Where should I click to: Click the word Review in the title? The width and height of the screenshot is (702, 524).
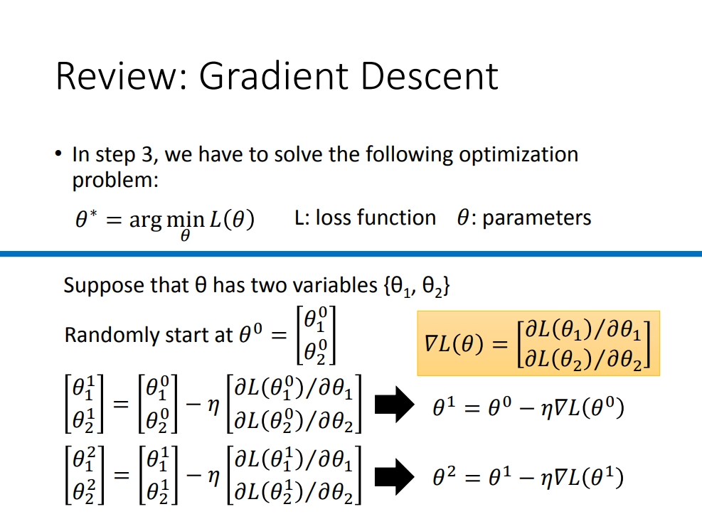[117, 76]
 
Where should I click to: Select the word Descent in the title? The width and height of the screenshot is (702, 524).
[430, 76]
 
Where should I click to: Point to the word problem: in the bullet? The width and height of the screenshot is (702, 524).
[115, 180]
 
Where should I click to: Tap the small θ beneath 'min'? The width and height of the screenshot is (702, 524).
[185, 236]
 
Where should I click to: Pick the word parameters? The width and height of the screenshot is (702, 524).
[536, 218]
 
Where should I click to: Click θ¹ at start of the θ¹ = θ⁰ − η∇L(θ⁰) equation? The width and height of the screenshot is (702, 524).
[445, 409]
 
